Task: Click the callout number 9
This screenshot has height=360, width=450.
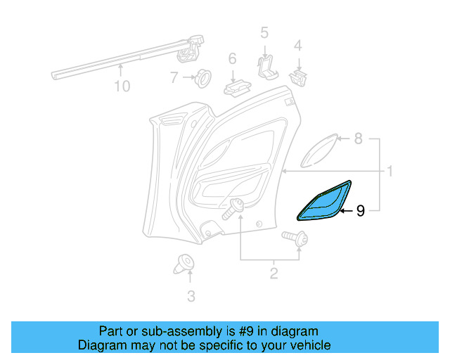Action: coord(361,210)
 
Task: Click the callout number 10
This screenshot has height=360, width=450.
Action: coord(122,86)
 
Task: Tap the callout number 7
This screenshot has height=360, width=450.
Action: coord(174,78)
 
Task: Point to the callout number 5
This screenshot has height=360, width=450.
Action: coord(264,32)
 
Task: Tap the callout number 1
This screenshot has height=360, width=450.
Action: coord(388,171)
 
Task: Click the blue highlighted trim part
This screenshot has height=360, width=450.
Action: coord(324,205)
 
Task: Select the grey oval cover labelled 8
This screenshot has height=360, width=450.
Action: coord(319,150)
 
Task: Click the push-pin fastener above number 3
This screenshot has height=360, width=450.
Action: coord(185,264)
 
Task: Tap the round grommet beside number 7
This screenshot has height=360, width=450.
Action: coord(202,77)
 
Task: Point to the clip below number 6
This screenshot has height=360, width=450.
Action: coord(238,88)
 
